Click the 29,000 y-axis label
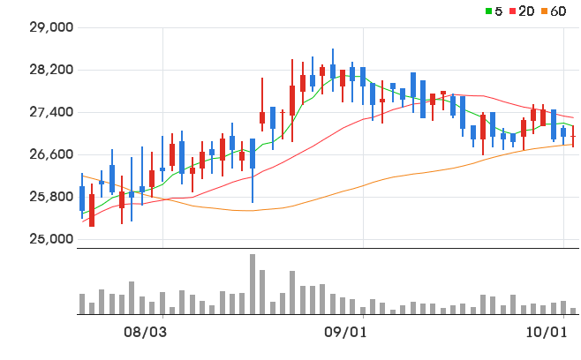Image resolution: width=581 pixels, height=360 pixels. point(51,27)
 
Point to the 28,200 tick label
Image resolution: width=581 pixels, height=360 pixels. point(51,70)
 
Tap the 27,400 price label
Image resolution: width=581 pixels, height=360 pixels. point(51,112)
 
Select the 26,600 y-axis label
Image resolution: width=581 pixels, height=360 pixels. point(51,154)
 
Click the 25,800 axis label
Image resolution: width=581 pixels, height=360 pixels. point(51,197)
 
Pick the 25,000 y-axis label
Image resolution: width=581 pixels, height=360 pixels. point(51,239)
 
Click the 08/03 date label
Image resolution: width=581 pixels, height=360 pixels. point(145,333)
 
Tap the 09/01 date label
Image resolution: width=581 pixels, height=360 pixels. point(345,333)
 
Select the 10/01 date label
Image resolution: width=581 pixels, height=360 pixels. point(547,333)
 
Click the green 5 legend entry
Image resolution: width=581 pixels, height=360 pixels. point(494,11)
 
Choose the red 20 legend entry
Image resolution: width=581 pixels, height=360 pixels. point(522,11)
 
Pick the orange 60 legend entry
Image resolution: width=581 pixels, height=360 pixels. point(554,11)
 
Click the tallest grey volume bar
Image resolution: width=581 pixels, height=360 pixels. point(253,284)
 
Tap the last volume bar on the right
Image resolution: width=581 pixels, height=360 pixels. point(573,311)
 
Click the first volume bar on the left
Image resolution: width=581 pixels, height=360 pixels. point(82,304)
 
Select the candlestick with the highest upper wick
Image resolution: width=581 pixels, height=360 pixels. point(333,71)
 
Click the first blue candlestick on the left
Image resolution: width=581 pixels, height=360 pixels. point(82,196)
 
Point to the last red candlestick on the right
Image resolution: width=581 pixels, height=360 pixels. point(573,136)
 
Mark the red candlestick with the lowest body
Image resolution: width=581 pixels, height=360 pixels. point(92,210)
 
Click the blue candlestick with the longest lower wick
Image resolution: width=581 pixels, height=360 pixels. point(253,170)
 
